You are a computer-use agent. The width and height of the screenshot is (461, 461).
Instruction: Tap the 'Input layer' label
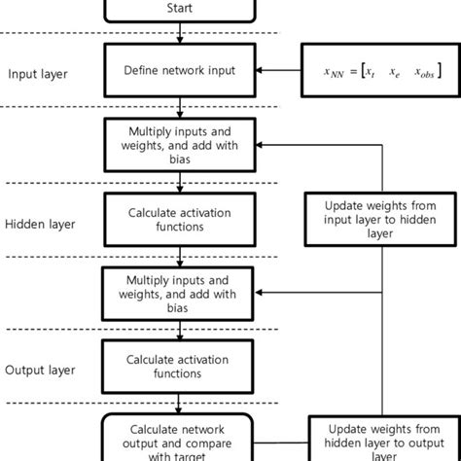click(x=39, y=74)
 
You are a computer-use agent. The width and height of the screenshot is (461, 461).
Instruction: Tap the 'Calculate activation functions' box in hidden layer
click(x=180, y=218)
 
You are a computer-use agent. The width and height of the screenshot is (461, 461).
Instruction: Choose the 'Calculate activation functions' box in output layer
click(x=180, y=366)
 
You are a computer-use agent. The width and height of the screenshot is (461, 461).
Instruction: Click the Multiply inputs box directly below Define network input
click(x=180, y=143)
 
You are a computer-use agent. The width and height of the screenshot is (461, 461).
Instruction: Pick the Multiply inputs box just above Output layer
click(x=180, y=291)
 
